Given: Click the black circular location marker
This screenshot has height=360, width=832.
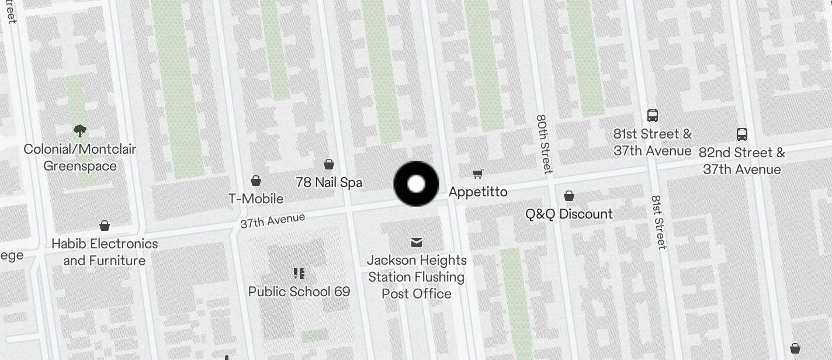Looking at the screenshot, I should click(416, 184).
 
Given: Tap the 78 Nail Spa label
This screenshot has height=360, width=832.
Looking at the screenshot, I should click(329, 182).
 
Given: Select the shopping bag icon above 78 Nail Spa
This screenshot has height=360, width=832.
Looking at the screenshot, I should click(329, 164).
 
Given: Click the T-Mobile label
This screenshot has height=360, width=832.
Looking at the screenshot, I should click(256, 199).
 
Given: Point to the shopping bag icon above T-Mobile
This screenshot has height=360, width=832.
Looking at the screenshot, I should click(256, 181).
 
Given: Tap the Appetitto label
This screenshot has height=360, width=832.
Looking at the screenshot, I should click(478, 192).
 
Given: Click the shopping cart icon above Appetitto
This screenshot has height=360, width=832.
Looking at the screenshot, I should click(478, 174).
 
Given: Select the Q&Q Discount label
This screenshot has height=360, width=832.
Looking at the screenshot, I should click(569, 214).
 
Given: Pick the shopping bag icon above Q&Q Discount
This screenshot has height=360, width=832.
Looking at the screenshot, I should click(569, 196).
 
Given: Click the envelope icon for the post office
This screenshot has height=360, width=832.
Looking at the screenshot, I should click(417, 242).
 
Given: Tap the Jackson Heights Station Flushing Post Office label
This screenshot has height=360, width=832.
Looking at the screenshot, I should click(417, 276).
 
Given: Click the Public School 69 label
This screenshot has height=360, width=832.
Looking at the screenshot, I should click(299, 291).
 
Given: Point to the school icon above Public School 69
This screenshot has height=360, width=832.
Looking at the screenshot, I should click(299, 274).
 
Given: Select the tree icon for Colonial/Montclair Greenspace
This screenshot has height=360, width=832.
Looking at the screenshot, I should click(80, 131).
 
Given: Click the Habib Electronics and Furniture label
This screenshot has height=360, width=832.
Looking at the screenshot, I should click(105, 252).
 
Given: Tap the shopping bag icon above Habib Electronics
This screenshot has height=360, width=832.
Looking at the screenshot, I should click(105, 226).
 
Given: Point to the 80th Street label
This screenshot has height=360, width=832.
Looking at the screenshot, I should click(544, 144).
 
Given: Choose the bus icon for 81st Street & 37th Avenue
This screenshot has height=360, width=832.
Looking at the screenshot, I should click(653, 116).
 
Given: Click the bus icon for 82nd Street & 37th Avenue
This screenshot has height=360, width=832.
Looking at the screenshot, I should click(742, 134).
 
